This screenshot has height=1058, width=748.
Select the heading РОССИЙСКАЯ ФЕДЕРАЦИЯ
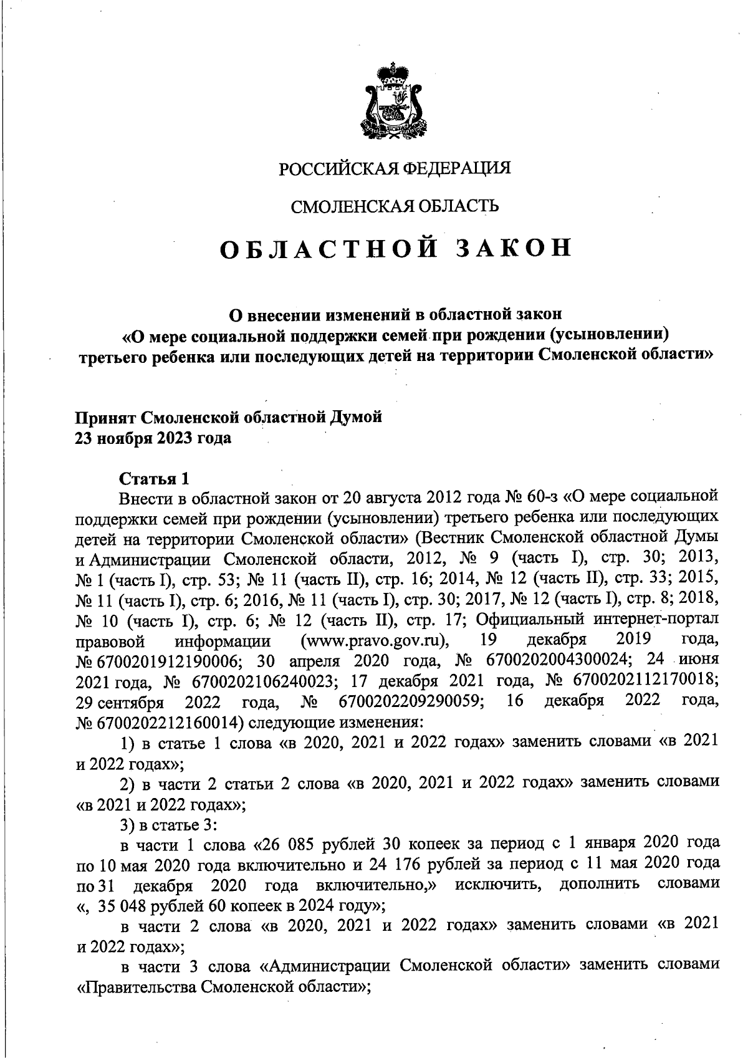(394, 168)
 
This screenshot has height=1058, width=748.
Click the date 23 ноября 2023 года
(153, 438)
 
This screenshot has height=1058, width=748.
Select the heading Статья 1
(153, 479)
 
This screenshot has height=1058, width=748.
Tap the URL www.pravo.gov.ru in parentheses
(375, 640)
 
